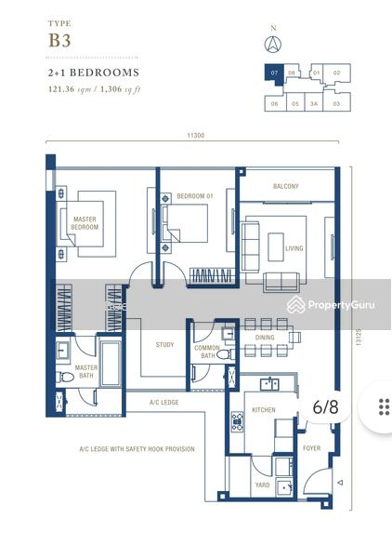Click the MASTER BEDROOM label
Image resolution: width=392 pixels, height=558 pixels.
click(85, 223)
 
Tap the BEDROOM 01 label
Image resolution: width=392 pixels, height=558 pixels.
click(195, 196)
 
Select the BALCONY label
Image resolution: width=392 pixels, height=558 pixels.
click(285, 186)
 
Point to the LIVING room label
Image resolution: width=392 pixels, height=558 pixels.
click(294, 248)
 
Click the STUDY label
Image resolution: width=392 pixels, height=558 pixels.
click(164, 345)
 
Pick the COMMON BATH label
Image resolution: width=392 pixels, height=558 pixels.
click(207, 352)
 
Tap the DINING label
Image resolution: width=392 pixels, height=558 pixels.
click(265, 339)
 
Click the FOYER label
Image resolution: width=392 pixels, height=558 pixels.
click(312, 448)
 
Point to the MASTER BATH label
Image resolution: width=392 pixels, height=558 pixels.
click(86, 371)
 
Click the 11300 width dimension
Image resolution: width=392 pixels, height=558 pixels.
click(195, 137)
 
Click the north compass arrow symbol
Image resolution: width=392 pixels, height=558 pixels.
click(273, 43)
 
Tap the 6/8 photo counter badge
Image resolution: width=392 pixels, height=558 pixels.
click(326, 406)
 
